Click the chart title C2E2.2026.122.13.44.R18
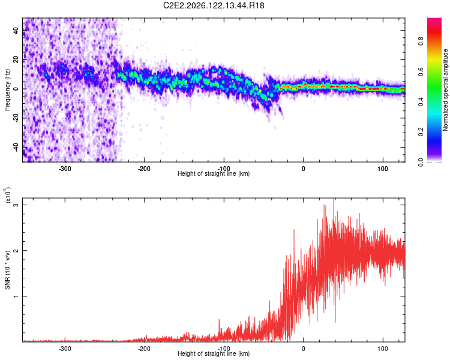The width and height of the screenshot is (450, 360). click(214, 5)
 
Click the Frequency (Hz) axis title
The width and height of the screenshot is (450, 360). click(7, 90)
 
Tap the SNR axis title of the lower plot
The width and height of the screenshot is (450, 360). click(7, 270)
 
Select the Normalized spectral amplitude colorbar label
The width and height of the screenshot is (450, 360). click(445, 90)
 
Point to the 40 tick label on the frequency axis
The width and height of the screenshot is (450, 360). click(16, 30)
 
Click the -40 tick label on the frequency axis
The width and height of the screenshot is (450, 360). click(16, 146)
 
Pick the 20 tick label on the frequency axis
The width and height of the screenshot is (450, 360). click(16, 59)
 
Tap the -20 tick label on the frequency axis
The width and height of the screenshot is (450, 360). click(16, 117)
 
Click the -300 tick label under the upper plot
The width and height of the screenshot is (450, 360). click(65, 169)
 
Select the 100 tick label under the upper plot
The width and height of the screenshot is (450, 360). click(383, 169)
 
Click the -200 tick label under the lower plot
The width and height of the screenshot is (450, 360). click(144, 349)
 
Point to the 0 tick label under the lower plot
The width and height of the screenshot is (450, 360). click(304, 349)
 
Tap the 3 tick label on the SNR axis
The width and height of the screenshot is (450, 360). click(16, 205)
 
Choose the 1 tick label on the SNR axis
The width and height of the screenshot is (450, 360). click(16, 296)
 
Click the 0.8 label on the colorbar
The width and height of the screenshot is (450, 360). click(421, 41)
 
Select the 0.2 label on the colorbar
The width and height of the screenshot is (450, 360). click(421, 132)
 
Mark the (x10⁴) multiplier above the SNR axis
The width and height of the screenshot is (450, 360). click(8, 195)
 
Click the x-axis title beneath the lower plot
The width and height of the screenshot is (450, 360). click(214, 353)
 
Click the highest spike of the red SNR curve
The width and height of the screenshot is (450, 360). click(334, 199)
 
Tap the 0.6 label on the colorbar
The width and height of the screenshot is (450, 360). click(421, 71)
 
